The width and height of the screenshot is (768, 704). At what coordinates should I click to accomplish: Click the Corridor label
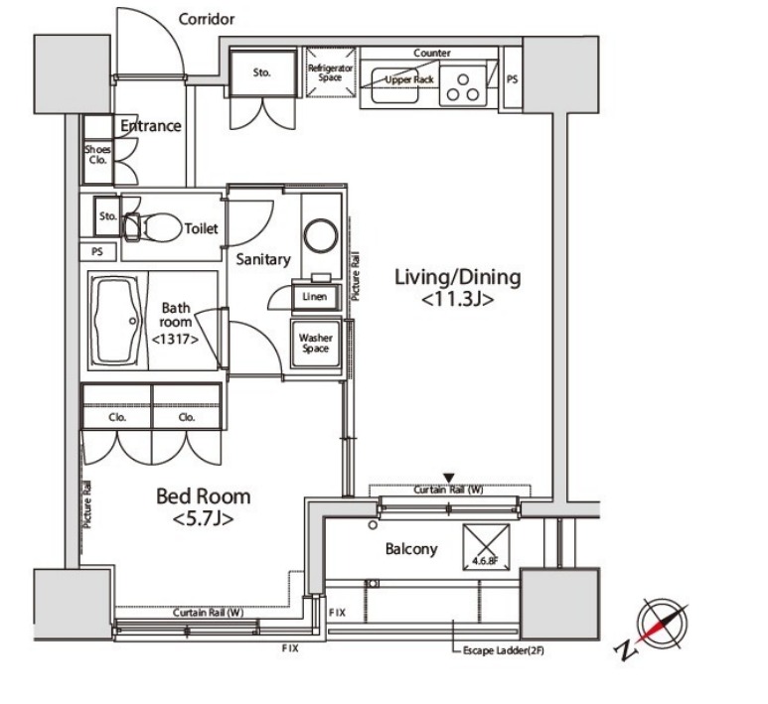point(207,19)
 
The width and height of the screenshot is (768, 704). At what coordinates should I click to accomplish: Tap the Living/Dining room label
point(457,287)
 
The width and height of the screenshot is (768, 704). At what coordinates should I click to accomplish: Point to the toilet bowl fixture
point(153,227)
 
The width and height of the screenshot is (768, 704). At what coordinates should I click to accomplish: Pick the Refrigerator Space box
point(331,71)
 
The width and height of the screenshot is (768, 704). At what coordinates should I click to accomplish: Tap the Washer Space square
point(315,344)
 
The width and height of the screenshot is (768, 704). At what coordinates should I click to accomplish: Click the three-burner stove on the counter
point(463,86)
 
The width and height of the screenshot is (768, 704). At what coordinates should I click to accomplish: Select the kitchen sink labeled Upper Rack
point(395,85)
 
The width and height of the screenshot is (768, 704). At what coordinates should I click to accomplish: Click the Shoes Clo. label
point(97,154)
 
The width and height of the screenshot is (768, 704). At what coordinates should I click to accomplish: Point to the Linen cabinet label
point(314,297)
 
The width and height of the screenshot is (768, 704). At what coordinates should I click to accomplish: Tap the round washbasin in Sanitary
point(321,235)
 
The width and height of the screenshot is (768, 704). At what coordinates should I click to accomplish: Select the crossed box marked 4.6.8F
point(486,547)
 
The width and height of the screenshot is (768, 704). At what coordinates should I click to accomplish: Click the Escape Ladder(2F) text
point(503,651)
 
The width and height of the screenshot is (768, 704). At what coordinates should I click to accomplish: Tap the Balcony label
point(411,549)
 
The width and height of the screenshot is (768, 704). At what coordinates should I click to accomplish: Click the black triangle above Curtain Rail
point(449,478)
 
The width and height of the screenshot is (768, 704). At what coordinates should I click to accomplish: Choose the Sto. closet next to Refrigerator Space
point(263,72)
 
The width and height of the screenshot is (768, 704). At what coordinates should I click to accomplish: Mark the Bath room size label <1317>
point(175,339)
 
